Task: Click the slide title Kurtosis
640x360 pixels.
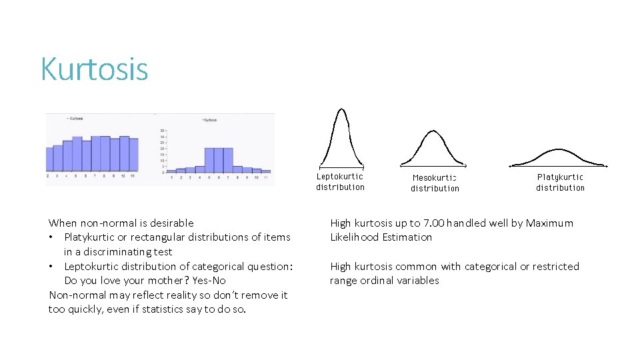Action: (94, 69)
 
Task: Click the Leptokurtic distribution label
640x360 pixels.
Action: (340, 182)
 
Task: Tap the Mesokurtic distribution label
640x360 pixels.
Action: (435, 183)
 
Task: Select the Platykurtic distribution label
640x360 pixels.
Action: (560, 182)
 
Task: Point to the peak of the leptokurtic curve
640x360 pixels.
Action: (341, 110)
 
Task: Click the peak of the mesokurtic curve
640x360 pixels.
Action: (432, 131)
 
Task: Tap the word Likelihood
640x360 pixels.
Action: (355, 237)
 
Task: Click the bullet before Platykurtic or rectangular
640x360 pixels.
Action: (51, 237)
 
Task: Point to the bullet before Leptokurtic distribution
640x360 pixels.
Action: (51, 267)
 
